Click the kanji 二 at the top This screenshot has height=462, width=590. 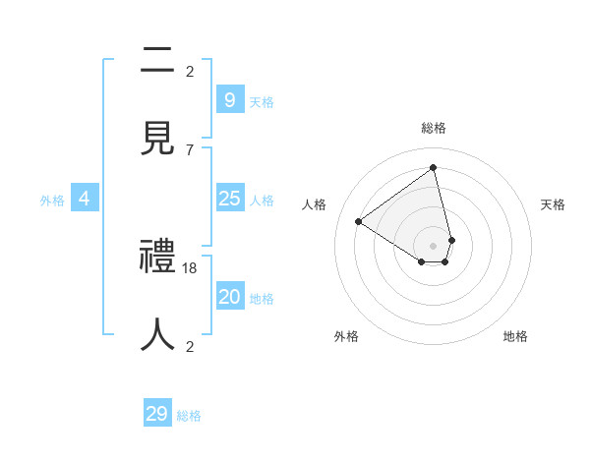coord(157,61)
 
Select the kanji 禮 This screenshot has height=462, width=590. coord(157,258)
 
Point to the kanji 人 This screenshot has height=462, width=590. coord(157,334)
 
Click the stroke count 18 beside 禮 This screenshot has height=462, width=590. coord(190,267)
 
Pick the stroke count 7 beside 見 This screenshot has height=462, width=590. coord(190,149)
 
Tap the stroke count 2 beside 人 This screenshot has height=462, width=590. coord(190,346)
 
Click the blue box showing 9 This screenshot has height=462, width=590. coord(229,99)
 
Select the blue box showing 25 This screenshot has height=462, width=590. coord(229,199)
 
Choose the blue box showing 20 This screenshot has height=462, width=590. coord(229,297)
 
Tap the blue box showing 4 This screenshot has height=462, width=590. coord(85,199)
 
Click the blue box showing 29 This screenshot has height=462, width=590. coord(157,414)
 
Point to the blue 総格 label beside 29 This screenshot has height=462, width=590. coord(189,416)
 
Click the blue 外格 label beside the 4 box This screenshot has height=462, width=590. coord(52,201)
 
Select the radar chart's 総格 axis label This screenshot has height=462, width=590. coord(434,128)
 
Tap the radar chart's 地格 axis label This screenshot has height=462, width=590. coord(515,336)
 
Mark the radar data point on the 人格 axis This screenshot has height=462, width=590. coord(359,221)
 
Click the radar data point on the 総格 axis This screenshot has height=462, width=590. coord(434,167)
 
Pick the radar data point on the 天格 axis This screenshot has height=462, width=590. coord(451,240)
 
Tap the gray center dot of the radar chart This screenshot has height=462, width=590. coord(434,246)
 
